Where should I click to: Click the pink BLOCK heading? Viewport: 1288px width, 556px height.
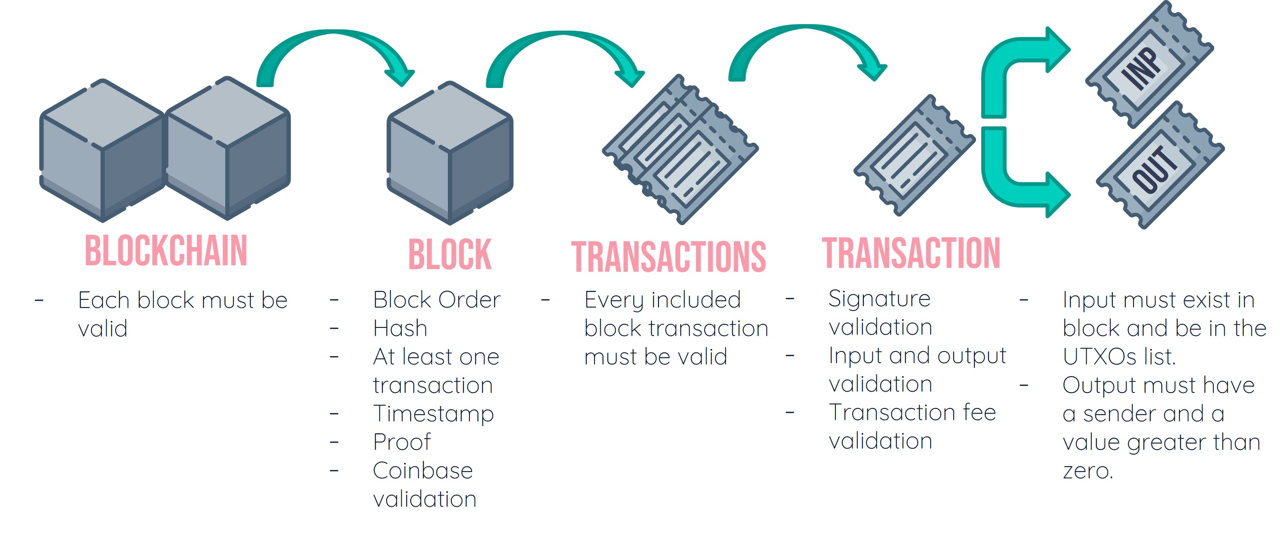click(450, 254)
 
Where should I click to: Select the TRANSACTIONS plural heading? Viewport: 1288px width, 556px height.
click(668, 257)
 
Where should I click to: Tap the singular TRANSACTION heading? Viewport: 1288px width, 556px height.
click(910, 253)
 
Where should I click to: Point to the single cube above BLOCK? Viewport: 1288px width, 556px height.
click(450, 153)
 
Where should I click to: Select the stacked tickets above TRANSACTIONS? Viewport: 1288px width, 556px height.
click(680, 150)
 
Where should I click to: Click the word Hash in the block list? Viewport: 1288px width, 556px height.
click(400, 329)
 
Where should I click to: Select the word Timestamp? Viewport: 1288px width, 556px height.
click(433, 414)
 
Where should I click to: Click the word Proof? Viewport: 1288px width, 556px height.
click(401, 442)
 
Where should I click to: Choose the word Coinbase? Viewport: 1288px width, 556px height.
click(422, 471)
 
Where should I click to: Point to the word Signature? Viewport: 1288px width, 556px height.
click(879, 299)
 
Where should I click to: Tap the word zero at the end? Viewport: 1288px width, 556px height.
click(1087, 471)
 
